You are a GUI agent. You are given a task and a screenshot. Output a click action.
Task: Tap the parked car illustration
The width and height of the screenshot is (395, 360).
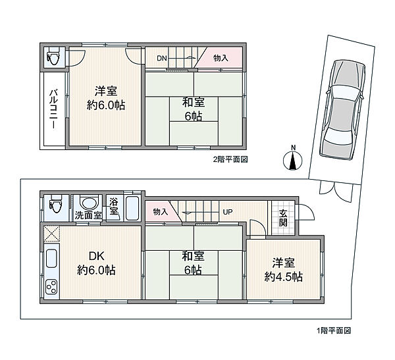[x=342, y=109]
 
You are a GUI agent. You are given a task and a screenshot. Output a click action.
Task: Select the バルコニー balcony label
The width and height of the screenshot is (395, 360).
[x=54, y=109]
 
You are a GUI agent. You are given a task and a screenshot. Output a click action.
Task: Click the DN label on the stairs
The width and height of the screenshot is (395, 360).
[x=162, y=59]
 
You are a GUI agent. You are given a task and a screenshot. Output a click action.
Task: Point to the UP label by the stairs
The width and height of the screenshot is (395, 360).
[x=228, y=212]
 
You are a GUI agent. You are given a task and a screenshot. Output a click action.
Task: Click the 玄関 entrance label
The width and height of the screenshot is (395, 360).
[x=283, y=218]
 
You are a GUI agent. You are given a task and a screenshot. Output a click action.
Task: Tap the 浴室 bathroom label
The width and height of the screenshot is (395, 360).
[x=114, y=207]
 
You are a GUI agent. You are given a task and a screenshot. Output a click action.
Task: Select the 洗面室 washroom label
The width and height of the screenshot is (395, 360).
[x=88, y=216]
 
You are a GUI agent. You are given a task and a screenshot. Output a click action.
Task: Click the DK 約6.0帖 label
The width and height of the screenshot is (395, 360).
[x=96, y=263]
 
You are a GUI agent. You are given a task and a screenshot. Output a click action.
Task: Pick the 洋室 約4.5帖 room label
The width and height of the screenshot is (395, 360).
[x=283, y=270]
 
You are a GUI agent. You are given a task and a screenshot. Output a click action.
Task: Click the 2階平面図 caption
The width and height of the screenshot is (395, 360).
[x=230, y=159]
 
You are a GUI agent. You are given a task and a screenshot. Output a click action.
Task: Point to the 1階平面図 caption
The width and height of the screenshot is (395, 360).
[x=334, y=330]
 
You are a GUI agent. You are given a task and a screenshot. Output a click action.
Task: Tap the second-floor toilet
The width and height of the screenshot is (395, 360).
[x=53, y=57]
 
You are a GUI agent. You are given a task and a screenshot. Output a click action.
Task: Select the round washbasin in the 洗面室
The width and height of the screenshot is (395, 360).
[x=88, y=203]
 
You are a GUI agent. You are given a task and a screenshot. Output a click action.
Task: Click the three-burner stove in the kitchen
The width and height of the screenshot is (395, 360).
[x=51, y=286]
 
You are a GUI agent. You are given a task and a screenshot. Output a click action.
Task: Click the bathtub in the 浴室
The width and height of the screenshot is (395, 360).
[x=132, y=209]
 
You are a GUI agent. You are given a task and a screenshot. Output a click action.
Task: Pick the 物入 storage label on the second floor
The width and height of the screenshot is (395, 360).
[x=221, y=58]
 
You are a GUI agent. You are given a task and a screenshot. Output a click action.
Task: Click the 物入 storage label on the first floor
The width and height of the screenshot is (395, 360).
[x=160, y=212]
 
